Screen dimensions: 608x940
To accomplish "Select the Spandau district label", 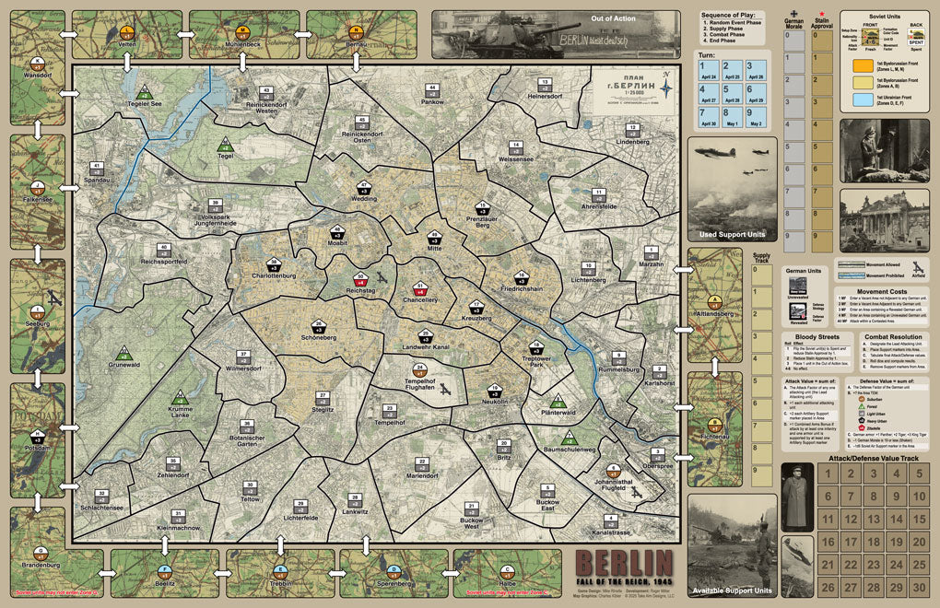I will (x=97, y=180).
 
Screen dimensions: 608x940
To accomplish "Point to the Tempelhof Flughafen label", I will (x=419, y=383).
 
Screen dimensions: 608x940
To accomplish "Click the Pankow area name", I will (x=432, y=102).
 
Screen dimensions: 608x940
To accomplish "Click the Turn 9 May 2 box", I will (x=756, y=117).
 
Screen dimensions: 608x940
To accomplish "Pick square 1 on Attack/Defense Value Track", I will (x=827, y=474).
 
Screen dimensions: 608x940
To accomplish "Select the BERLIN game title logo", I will (x=624, y=564).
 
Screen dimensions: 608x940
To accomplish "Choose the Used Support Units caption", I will (x=731, y=235).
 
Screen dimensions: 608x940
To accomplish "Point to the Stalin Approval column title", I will (x=820, y=26).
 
